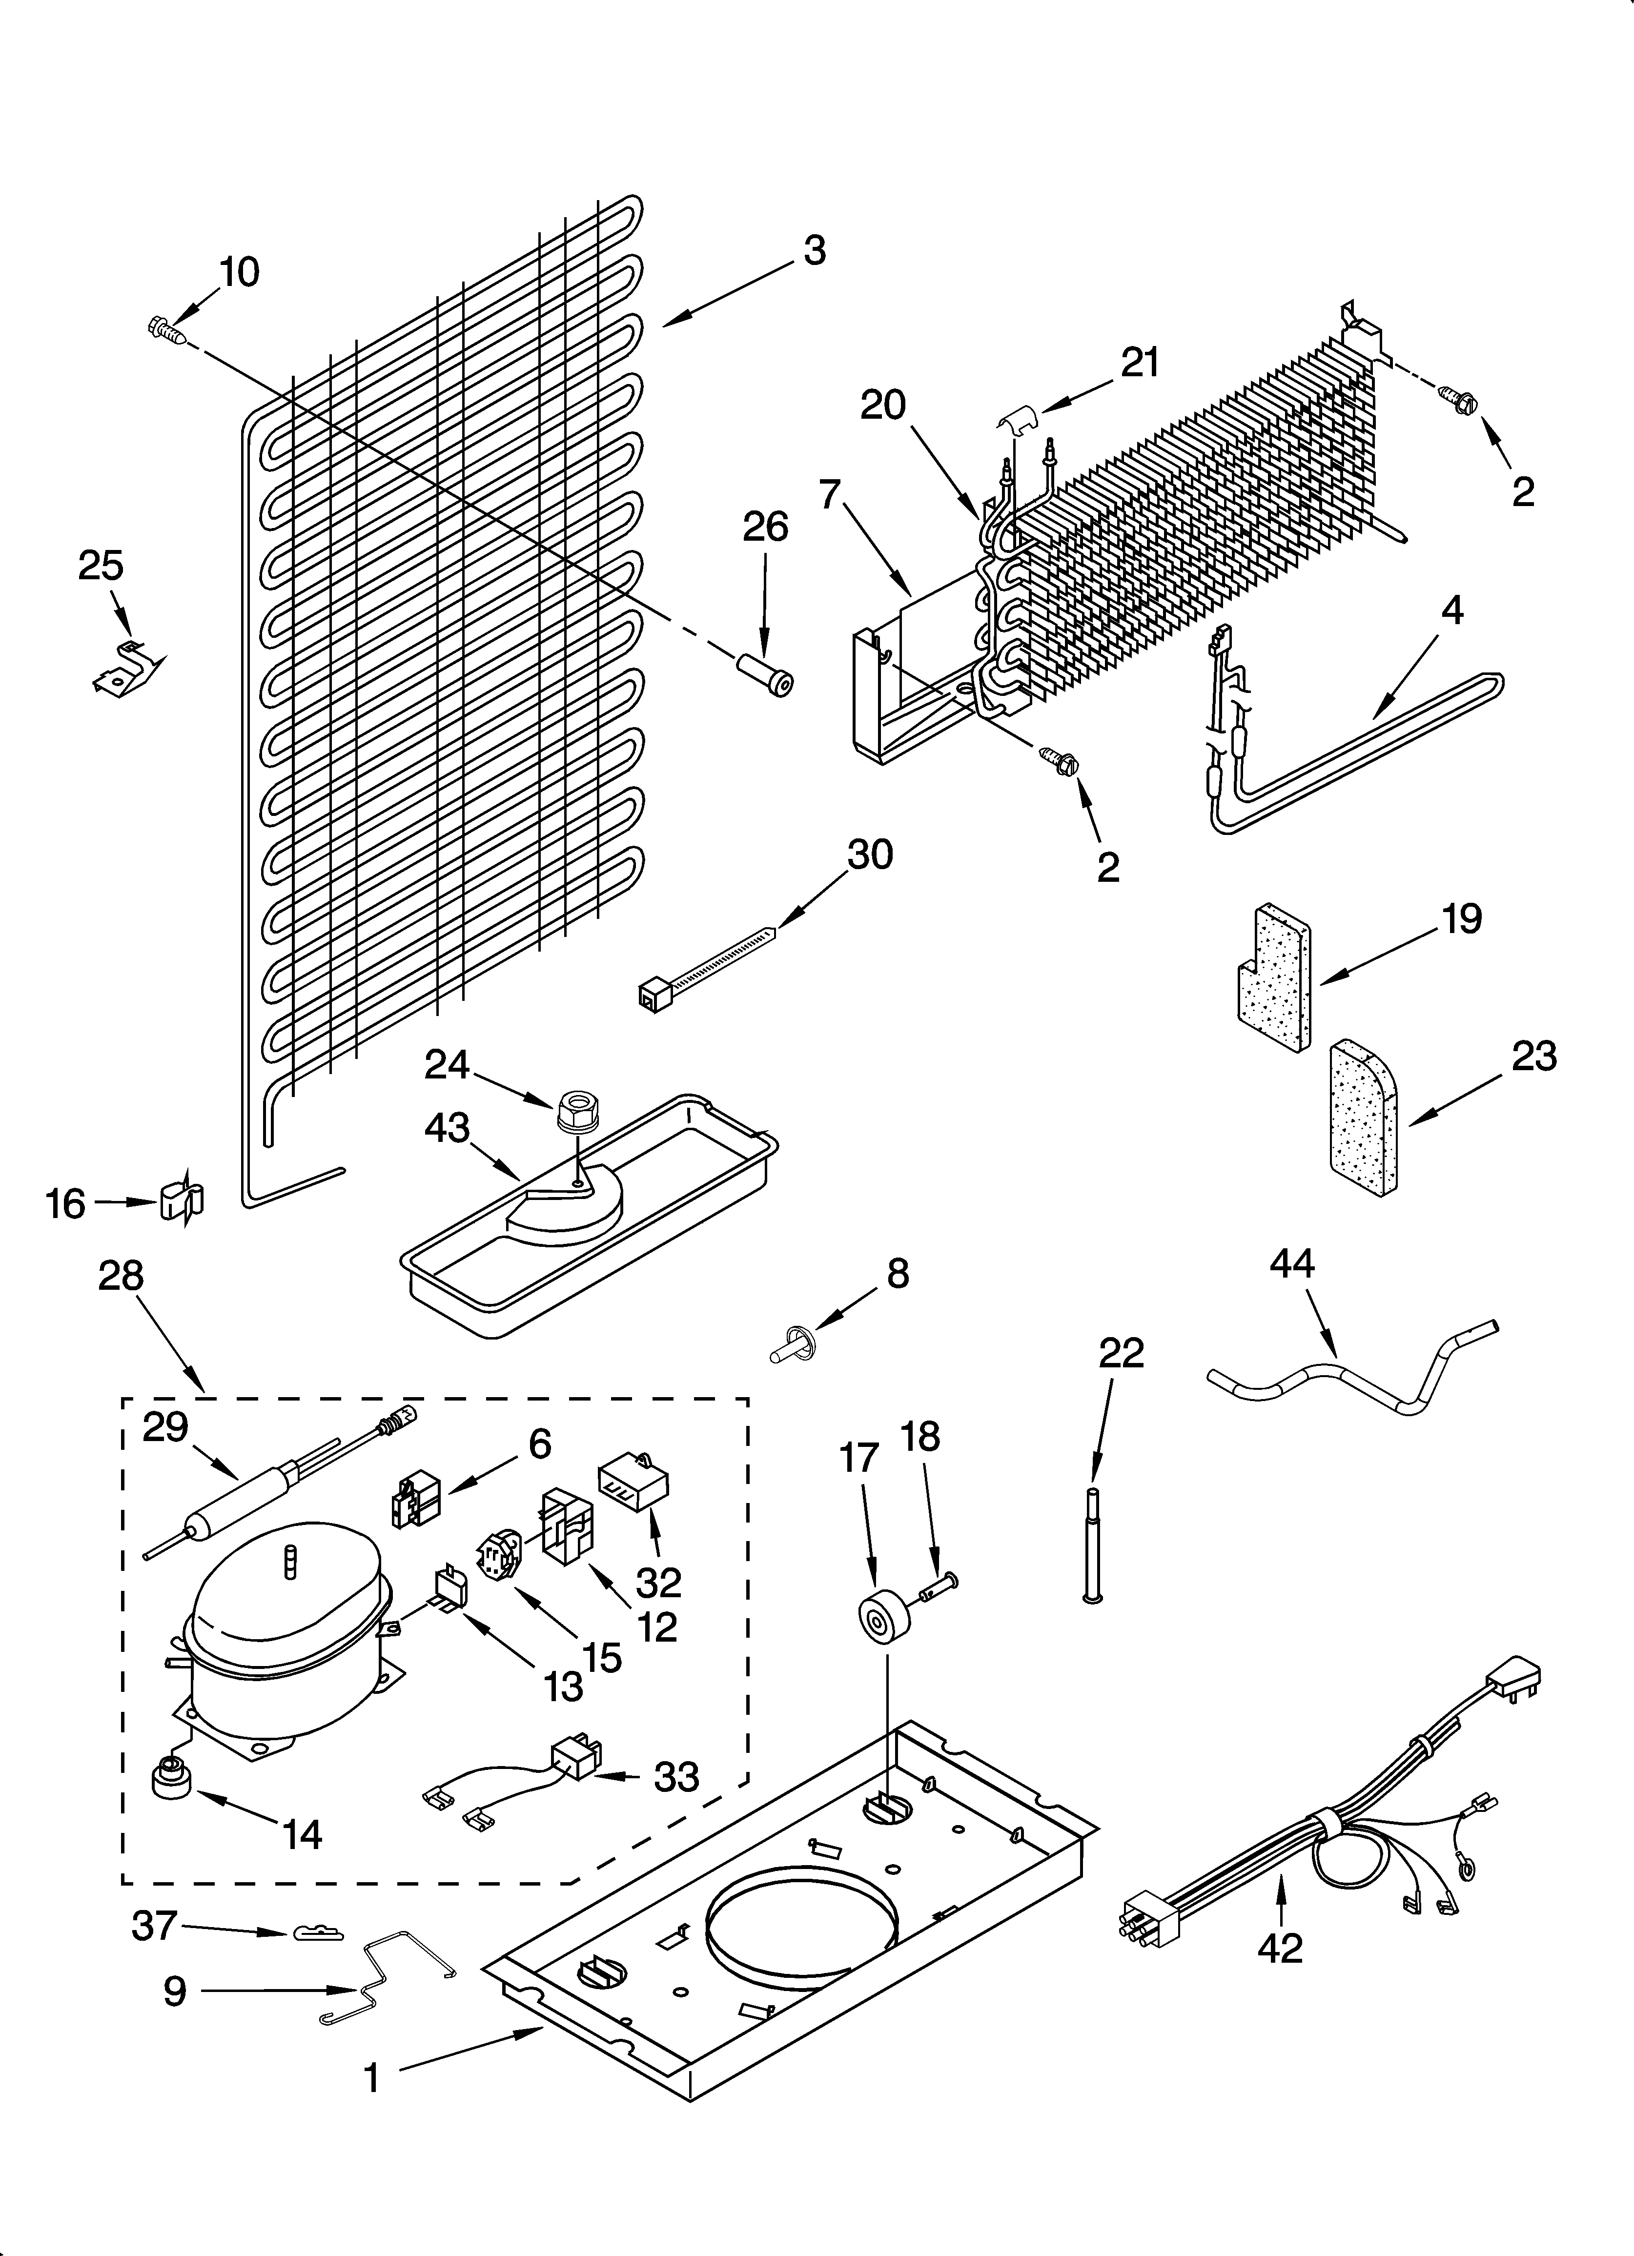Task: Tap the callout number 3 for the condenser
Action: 814,251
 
